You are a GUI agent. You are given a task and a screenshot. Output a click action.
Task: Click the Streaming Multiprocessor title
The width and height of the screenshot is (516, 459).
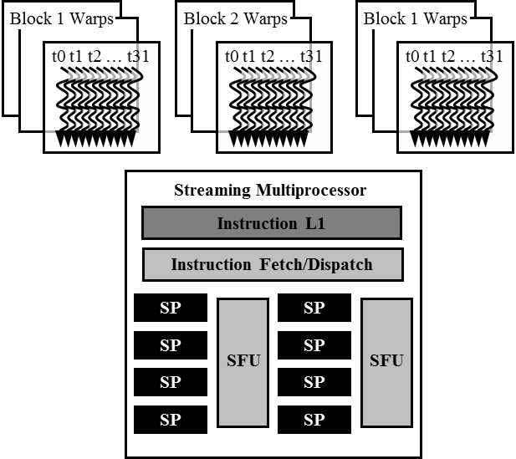[270, 190]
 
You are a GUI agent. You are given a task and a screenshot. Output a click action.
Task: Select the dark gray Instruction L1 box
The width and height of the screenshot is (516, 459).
[272, 223]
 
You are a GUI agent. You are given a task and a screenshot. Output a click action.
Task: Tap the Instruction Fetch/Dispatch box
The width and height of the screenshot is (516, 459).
[272, 265]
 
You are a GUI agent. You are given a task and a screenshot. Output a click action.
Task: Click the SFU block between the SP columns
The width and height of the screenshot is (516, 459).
[243, 361]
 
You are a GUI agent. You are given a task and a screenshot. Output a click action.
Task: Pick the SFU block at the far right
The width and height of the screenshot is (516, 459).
[386, 361]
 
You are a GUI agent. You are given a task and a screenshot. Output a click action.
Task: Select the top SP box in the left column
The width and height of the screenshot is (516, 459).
[170, 308]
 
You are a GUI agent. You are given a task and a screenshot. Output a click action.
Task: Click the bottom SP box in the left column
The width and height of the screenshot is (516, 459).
[170, 419]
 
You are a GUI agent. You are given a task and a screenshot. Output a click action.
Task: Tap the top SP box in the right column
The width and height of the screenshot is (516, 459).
[314, 308]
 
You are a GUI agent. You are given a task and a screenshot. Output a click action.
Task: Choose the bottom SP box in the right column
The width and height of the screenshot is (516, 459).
[314, 419]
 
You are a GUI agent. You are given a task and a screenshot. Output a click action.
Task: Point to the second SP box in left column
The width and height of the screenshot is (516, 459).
[170, 344]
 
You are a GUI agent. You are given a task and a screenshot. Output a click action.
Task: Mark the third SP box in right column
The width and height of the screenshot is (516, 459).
[314, 382]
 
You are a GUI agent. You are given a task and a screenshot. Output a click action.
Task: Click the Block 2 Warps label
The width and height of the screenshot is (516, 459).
[235, 18]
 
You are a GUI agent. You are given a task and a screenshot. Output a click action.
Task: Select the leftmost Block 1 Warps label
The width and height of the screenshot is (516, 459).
[61, 18]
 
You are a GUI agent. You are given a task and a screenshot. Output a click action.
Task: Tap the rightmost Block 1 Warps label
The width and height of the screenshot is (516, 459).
[416, 18]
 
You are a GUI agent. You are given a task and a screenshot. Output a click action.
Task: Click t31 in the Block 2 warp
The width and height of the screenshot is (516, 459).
[311, 56]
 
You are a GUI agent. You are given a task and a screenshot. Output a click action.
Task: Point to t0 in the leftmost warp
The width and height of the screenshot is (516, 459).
[58, 56]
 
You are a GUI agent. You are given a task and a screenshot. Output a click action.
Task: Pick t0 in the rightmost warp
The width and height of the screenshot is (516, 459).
[412, 56]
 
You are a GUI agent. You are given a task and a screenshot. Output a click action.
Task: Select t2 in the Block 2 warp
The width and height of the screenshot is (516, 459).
[269, 56]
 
